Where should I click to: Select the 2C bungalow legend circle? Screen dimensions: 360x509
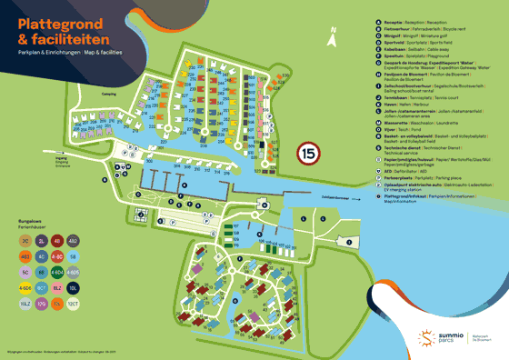click(x=26, y=241)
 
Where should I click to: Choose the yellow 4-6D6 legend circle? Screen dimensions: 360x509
click(x=26, y=287)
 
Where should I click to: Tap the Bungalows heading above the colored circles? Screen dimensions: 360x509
click(x=33, y=221)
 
